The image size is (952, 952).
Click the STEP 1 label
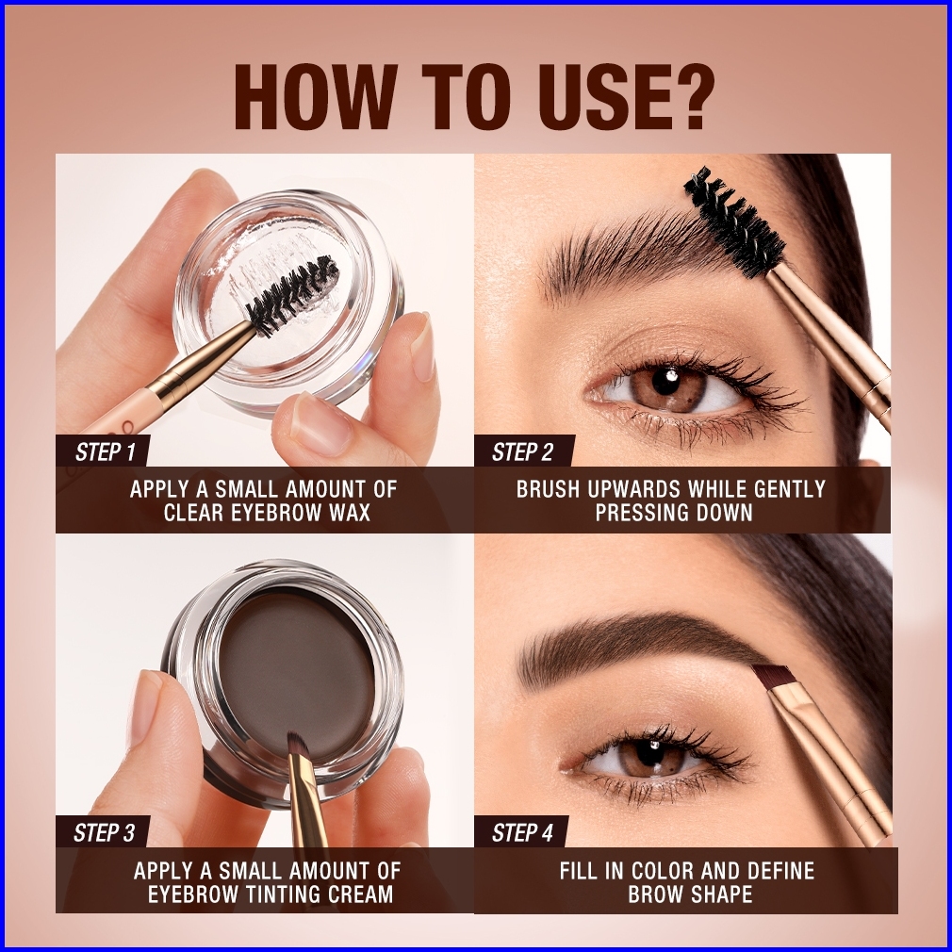pyautogui.click(x=105, y=452)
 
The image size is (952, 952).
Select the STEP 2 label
pyautogui.click(x=522, y=452)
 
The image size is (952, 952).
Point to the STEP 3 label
pyautogui.click(x=104, y=833)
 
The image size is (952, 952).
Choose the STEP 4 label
pyautogui.click(x=522, y=833)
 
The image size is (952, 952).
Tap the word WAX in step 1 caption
pyautogui.click(x=347, y=513)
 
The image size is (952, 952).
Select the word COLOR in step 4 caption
pyautogui.click(x=663, y=871)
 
